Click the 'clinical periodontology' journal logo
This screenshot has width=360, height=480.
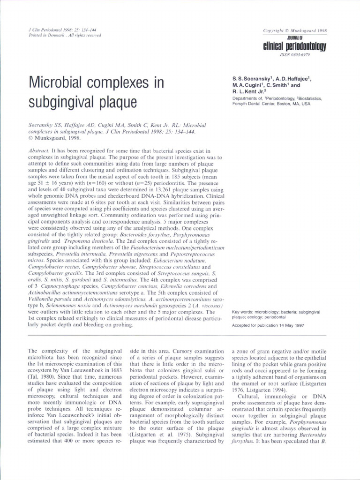coord(295,46)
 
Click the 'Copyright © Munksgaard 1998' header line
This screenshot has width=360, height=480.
coord(295,30)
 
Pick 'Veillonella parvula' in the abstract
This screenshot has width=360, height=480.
coord(50,299)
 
